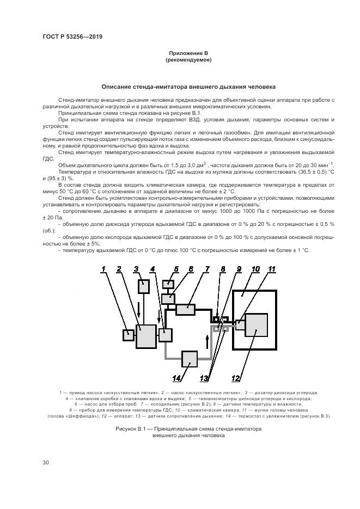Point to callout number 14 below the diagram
176,378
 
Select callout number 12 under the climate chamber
235,378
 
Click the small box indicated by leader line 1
129,335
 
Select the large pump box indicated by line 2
146,336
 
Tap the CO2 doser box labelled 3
144,286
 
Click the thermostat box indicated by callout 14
190,359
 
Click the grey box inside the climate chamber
256,325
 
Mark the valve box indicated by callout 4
165,335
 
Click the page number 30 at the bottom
46,463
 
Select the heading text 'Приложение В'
188,53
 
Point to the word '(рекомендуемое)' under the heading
188,60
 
